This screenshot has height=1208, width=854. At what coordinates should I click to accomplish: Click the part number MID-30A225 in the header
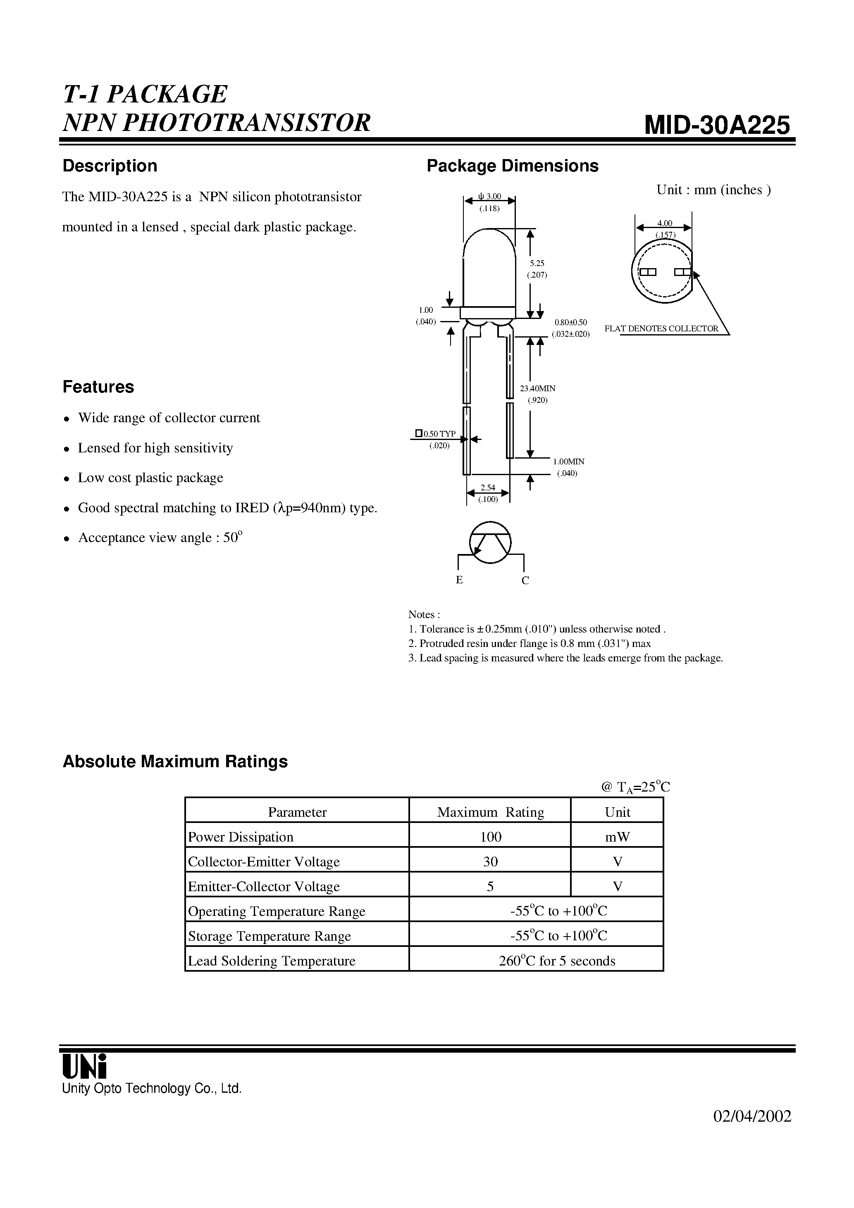click(x=717, y=125)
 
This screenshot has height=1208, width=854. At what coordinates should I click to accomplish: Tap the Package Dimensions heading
click(x=512, y=166)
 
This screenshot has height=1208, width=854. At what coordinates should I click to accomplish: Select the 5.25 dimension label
click(x=537, y=263)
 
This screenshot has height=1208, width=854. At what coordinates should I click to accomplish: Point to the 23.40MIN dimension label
click(x=537, y=388)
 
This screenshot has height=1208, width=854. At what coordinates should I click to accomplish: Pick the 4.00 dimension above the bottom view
click(x=664, y=223)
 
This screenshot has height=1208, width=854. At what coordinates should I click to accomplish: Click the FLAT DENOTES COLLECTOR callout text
click(x=661, y=328)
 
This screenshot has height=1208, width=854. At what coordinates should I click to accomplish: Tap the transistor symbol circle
click(x=490, y=542)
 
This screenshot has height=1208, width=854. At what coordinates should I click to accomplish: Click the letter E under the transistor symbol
click(x=459, y=580)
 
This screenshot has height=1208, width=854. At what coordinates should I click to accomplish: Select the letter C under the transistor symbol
click(x=525, y=580)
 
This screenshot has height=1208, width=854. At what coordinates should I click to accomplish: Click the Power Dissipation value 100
click(x=490, y=837)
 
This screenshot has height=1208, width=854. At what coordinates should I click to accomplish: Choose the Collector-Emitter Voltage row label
click(x=264, y=861)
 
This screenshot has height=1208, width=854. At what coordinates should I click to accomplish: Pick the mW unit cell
click(x=617, y=837)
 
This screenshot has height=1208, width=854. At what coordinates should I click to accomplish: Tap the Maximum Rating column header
click(x=490, y=812)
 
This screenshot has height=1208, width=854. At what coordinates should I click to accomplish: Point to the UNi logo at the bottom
click(x=84, y=1066)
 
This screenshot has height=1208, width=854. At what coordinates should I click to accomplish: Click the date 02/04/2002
click(x=752, y=1131)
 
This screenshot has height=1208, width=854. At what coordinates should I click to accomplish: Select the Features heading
click(x=98, y=387)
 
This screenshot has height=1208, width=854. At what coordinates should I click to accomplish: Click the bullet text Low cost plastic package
click(x=150, y=478)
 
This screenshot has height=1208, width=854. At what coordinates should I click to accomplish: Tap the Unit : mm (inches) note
click(x=713, y=190)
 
